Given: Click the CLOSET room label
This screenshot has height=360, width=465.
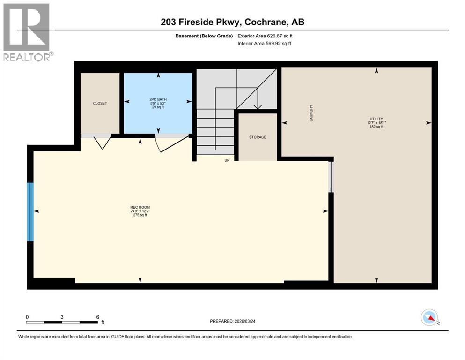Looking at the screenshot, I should (100, 103).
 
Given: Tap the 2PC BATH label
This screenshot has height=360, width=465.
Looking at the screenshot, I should (158, 99).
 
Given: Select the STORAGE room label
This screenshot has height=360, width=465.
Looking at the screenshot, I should (258, 137).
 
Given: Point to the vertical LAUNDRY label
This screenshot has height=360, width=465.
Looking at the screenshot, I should (311, 113).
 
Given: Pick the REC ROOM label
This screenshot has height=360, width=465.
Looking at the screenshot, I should (140, 207).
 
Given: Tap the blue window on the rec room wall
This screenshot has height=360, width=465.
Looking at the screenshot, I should (30, 212).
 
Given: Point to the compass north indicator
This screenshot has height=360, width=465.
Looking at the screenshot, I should (429, 318).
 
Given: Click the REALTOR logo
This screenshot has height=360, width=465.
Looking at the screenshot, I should (26, 32).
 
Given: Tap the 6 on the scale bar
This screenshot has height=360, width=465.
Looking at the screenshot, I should (97, 317).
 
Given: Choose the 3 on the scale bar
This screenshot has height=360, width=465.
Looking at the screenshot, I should (62, 317).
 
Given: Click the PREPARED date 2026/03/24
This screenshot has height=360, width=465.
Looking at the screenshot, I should (240, 321).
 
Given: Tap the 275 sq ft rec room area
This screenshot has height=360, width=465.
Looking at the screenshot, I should (140, 215).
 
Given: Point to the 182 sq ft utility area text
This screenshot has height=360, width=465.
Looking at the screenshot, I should (376, 127).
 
